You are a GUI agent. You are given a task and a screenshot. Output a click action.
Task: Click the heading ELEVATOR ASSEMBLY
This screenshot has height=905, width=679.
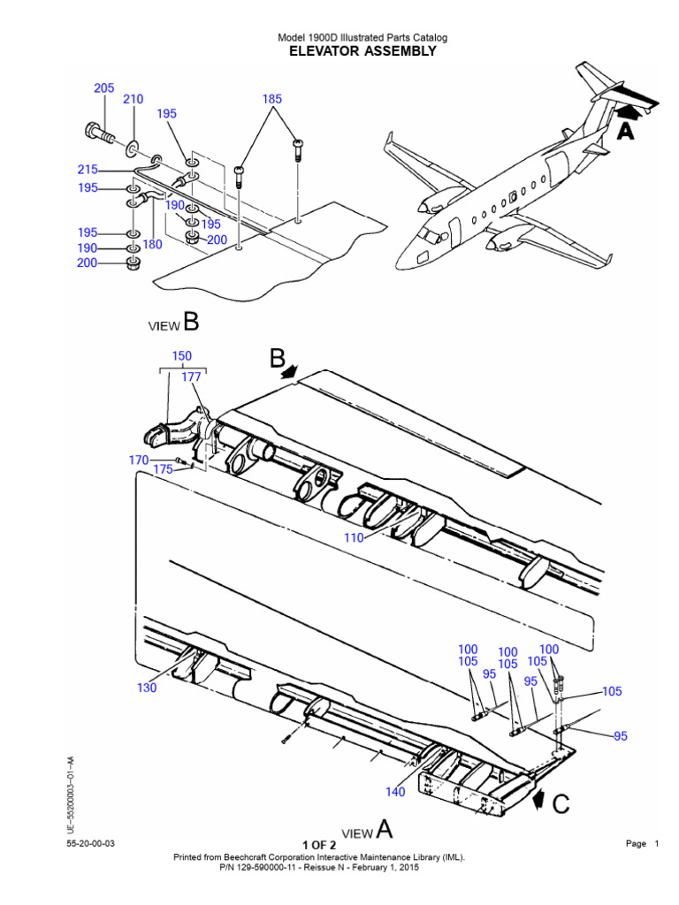click(362, 51)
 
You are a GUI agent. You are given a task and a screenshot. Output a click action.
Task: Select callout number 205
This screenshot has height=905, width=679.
click(104, 87)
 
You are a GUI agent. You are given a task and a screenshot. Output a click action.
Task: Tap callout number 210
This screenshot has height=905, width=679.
click(133, 99)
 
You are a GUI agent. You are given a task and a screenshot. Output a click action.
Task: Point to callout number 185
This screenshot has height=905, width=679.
click(272, 99)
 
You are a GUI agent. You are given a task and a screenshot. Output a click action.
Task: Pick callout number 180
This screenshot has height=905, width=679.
click(152, 244)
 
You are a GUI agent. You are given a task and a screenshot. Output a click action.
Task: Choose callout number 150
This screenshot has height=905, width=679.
click(182, 356)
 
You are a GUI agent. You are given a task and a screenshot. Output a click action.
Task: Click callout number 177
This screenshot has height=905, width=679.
click(191, 377)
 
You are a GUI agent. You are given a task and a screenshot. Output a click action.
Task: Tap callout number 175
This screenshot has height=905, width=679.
click(164, 469)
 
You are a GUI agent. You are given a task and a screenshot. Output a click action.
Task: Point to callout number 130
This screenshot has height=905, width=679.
click(147, 688)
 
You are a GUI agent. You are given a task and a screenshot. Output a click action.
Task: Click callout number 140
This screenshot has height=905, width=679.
click(395, 792)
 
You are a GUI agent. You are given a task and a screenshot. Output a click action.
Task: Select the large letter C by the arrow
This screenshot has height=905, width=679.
click(561, 804)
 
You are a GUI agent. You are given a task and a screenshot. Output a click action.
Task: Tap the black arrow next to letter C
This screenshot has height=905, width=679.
click(537, 799)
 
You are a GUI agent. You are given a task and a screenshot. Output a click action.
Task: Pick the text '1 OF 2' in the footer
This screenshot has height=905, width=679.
click(318, 845)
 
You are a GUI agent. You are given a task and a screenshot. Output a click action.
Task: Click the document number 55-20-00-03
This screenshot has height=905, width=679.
click(91, 844)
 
